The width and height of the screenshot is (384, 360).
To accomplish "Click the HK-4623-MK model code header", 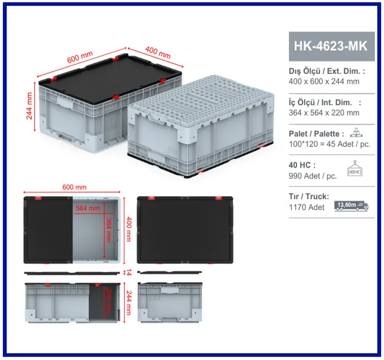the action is [x=331, y=46].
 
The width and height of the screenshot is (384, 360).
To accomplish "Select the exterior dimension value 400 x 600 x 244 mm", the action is [x=324, y=81].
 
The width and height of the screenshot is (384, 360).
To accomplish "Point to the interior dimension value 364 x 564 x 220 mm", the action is [x=324, y=113].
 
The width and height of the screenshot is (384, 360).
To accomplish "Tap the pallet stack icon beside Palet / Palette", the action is [x=356, y=132].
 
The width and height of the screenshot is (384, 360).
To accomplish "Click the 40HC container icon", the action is [x=355, y=168].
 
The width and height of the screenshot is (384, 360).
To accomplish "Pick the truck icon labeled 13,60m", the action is [x=351, y=206].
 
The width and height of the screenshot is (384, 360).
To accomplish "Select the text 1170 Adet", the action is [x=307, y=207].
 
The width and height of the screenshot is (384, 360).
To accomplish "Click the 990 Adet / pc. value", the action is [x=313, y=176].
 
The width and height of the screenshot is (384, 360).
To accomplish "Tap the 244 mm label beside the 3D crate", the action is [x=29, y=106].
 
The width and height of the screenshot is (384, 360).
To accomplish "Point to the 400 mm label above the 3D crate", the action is [x=158, y=52].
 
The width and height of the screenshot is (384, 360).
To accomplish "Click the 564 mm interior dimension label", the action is [x=88, y=208].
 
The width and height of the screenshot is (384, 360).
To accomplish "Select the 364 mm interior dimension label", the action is [x=109, y=230].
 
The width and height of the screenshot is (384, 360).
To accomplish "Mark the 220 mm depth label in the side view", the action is [x=109, y=300].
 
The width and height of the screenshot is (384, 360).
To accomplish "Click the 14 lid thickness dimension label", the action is [x=129, y=272].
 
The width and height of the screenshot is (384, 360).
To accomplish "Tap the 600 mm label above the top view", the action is [x=74, y=187].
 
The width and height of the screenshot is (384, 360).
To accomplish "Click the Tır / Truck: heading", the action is [x=309, y=196].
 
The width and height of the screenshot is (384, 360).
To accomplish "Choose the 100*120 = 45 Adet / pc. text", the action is [x=330, y=144].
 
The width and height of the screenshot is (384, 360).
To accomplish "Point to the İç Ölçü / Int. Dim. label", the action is [x=320, y=102].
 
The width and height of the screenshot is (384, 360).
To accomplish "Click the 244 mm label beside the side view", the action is [x=129, y=303].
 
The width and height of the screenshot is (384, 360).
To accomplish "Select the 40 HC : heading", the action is [x=302, y=165].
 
